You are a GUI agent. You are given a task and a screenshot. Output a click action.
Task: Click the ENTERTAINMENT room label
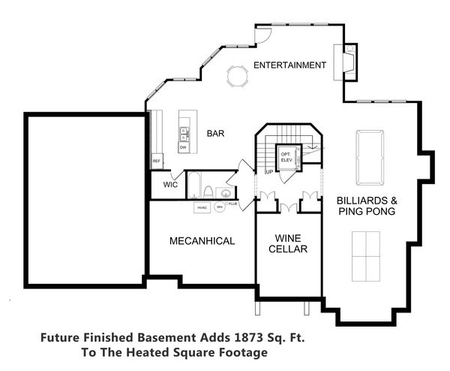tap(289, 65)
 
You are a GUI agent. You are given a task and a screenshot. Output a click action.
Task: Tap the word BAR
tap(216, 134)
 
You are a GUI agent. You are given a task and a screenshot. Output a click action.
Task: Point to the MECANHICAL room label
tap(202, 241)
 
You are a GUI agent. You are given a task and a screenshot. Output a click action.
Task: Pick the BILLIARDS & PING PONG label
tap(366, 207)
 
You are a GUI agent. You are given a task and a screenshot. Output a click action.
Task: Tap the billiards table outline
tap(367, 156)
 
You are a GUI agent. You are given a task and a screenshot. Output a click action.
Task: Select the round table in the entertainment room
tap(236, 76)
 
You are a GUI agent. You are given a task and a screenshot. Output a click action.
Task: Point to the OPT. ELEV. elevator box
tap(287, 157)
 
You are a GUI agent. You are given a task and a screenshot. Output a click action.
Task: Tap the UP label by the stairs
tap(268, 172)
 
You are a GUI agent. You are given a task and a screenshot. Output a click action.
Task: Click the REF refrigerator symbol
tap(157, 161)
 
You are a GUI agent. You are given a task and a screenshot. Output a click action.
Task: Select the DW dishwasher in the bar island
tap(183, 147)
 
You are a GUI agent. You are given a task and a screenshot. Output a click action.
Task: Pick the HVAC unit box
tap(202, 207)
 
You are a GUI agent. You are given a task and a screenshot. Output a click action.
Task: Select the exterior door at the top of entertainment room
tap(261, 35)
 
